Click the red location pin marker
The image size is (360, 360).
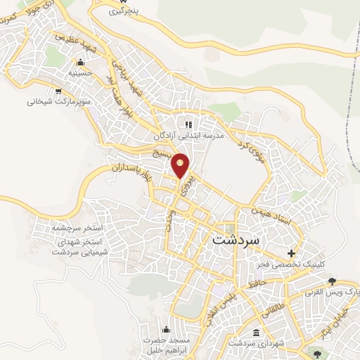181,165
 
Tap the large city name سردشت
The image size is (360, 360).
236,239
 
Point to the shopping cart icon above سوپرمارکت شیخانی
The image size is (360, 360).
58,90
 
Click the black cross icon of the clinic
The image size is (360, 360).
292,253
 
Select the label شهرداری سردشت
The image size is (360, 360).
255,344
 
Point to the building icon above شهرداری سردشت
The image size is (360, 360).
255,333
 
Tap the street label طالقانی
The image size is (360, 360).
271,305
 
